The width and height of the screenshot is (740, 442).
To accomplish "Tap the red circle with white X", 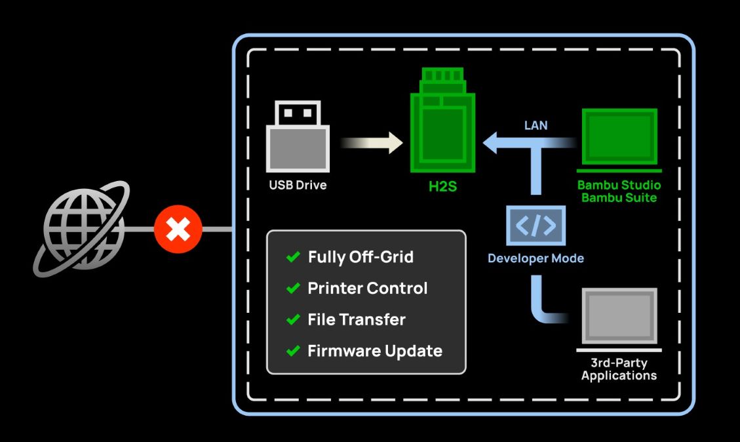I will coord(178,229).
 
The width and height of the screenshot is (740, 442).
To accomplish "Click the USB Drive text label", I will coord(298,185).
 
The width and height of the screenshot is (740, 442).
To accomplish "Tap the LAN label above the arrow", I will coord(536,125).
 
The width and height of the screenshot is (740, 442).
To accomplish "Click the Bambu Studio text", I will coord(619,184).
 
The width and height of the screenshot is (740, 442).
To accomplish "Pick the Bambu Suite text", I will coord(619,197).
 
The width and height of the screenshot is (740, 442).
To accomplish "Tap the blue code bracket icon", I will coord(536,225).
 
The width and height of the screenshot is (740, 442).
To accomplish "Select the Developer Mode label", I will coord(536,258).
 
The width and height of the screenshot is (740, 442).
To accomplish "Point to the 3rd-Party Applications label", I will coord(619,369).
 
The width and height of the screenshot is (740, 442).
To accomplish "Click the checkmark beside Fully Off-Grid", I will coord(293,257).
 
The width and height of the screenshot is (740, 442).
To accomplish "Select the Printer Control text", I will coord(367,288).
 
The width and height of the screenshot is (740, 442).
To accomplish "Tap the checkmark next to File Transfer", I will coord(293,320).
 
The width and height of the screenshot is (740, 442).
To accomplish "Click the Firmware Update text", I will coord(375,351).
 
